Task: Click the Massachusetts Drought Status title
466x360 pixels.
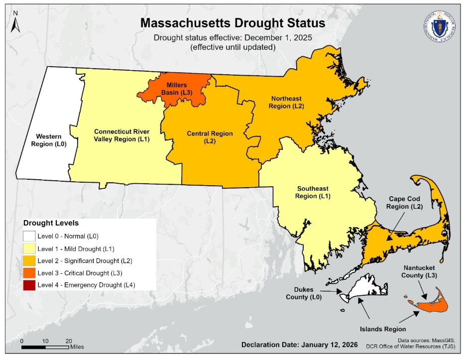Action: tap(233, 23)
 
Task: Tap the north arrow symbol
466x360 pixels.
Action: tap(15, 22)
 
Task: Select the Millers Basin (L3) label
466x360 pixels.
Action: tap(176, 89)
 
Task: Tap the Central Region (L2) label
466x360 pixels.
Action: tap(210, 137)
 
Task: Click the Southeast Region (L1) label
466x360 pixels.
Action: tap(313, 192)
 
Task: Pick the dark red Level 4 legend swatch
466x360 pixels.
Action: tap(30, 285)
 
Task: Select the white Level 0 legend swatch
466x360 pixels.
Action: tap(30, 237)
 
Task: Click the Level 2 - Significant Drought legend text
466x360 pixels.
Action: tap(80, 261)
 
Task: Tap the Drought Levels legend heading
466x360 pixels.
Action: tap(51, 223)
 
